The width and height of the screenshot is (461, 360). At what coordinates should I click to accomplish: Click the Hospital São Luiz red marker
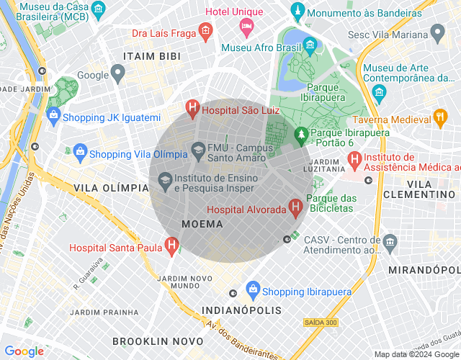(192, 109)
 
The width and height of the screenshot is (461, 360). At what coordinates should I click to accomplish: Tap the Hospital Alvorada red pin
(295, 208)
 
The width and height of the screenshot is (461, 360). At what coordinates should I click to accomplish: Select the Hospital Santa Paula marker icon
(171, 246)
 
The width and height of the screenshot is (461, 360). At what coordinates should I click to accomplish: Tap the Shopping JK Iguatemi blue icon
(53, 116)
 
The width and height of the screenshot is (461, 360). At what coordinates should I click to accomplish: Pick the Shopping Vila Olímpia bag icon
(79, 152)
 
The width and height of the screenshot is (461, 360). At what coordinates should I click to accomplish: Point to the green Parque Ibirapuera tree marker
(301, 133)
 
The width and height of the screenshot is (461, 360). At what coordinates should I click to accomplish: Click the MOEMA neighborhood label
(202, 224)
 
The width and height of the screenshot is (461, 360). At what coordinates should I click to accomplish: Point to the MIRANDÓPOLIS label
(424, 269)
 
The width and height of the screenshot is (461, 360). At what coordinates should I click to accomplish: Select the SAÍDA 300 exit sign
(320, 322)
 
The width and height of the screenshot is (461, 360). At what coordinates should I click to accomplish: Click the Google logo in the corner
(24, 351)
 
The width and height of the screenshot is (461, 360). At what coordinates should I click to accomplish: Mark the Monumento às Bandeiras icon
(297, 13)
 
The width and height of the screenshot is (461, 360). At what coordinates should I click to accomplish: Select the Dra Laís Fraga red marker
(205, 32)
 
